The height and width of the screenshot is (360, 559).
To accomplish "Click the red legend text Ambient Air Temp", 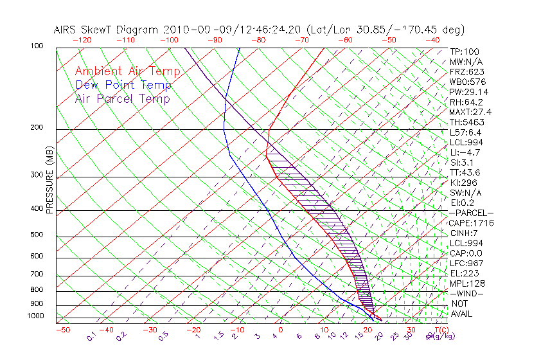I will pyautogui.click(x=128, y=71).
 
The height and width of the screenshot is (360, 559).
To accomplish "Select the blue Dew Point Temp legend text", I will pyautogui.click(x=123, y=85).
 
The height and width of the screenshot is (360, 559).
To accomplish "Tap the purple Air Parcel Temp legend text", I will pyautogui.click(x=123, y=98).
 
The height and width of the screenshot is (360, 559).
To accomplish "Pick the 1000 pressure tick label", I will pyautogui.click(x=36, y=316).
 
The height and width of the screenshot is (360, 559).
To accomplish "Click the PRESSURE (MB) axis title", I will pyautogui.click(x=49, y=183).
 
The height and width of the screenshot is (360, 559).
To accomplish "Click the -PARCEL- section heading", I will pyautogui.click(x=471, y=213).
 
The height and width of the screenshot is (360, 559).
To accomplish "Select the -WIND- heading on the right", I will pyautogui.click(x=466, y=293).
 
